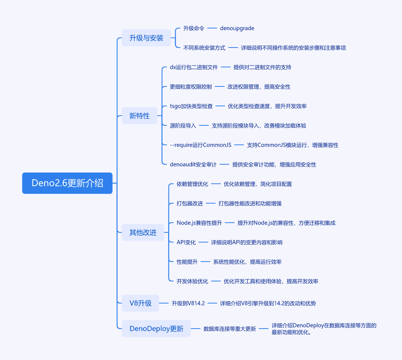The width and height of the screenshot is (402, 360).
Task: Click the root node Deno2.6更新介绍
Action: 67,183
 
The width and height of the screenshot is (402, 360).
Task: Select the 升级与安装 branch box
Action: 146,38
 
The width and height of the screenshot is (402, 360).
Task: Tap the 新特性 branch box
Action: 139,116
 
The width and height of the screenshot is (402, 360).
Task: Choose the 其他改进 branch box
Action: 143,232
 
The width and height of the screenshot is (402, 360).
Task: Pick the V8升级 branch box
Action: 140,303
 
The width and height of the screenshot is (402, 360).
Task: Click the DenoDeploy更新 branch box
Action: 156,329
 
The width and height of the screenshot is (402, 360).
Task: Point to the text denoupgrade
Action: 237,28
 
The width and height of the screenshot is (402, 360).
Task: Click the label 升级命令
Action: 194,28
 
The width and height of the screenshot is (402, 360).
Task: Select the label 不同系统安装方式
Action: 204,48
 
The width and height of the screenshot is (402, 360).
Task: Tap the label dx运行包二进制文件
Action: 194,67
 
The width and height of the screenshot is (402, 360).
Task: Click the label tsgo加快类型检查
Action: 191,106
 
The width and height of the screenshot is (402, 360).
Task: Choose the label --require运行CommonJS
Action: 201,145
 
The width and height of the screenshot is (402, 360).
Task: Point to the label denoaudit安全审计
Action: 193,164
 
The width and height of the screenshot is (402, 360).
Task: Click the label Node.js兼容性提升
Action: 199,223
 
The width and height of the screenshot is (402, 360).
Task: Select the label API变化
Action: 186,242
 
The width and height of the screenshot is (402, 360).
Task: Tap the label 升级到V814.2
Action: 188,303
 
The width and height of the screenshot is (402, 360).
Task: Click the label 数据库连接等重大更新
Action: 229,329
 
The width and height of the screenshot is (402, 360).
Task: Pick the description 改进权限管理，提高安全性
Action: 259,87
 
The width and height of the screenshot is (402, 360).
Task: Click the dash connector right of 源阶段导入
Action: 204,126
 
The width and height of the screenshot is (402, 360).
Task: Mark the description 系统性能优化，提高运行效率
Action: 247,262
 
